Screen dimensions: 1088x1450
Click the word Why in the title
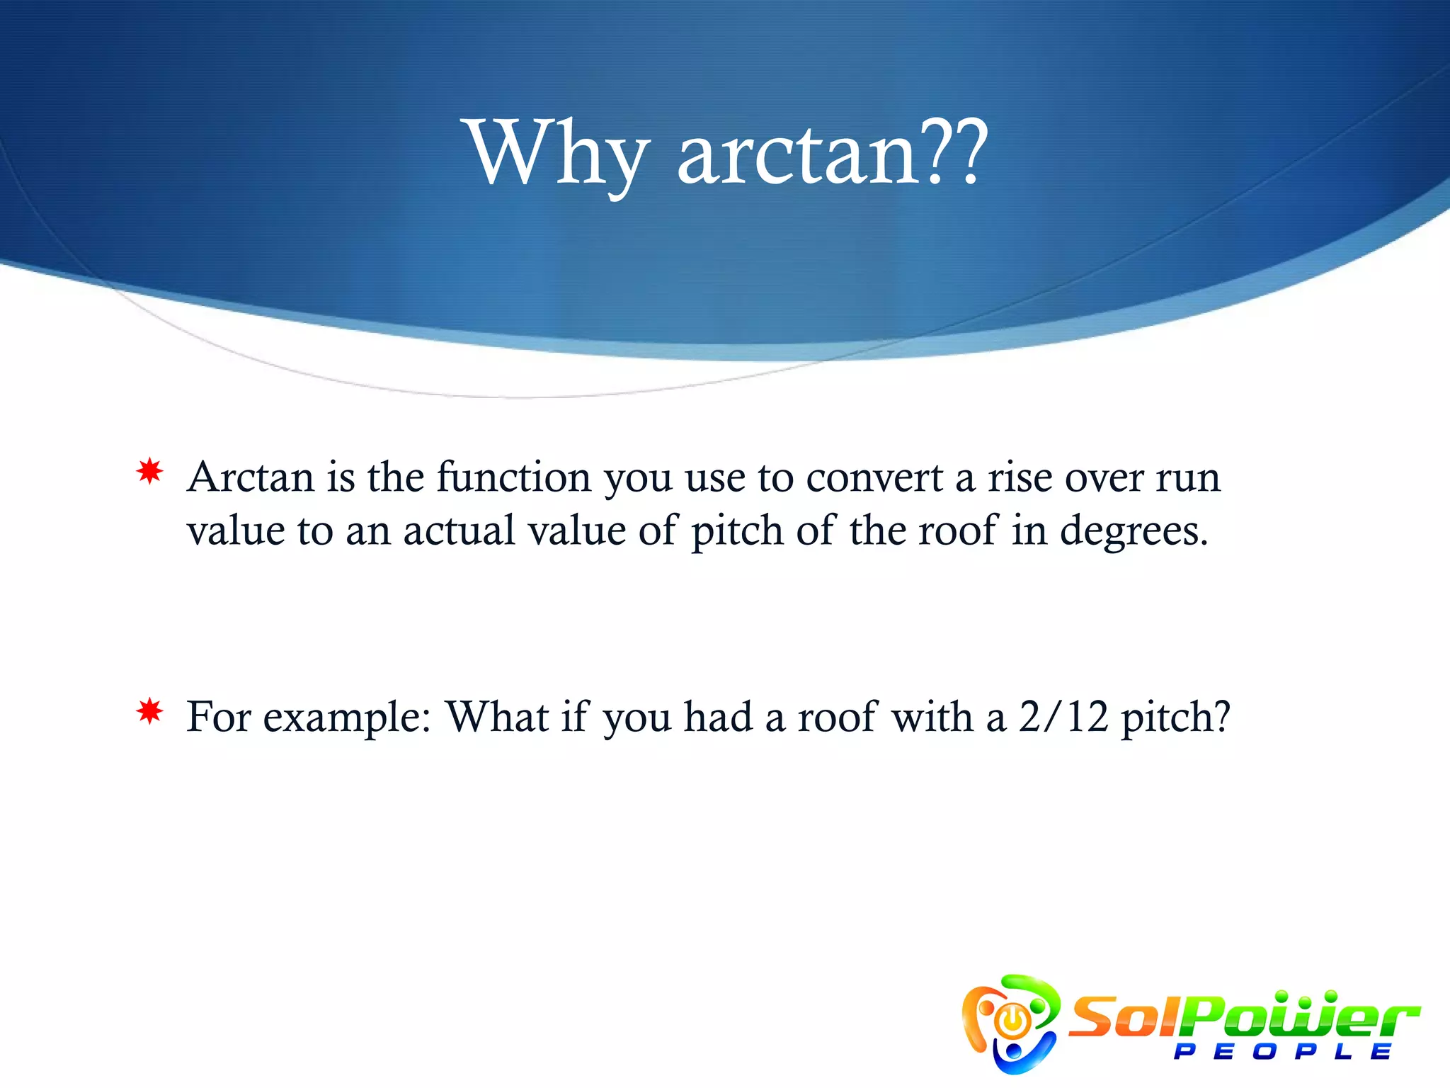(557, 154)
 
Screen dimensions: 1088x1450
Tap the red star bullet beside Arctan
(150, 471)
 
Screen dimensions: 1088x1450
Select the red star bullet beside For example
(150, 711)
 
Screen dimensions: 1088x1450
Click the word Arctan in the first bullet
(251, 477)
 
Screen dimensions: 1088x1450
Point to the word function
(513, 477)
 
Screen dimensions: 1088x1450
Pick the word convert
(874, 477)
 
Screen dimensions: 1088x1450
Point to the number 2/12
(1063, 717)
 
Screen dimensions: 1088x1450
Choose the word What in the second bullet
(497, 717)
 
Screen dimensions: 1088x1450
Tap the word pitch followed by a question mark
(1175, 718)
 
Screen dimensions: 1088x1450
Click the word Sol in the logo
(1126, 1017)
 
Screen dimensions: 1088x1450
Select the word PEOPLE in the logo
(1281, 1051)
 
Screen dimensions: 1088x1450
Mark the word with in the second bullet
(932, 717)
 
